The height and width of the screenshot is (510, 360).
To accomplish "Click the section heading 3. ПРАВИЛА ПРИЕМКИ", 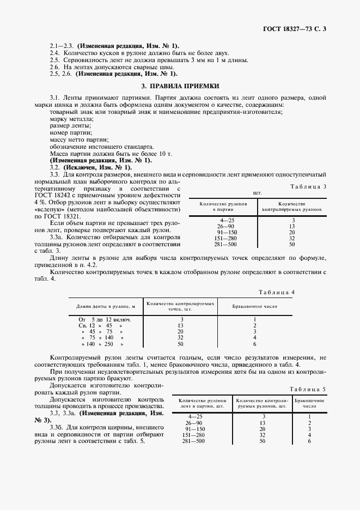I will pos(180,86).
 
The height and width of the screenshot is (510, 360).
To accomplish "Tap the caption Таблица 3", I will pos(310,186).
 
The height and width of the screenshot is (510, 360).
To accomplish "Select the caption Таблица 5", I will pos(308,390).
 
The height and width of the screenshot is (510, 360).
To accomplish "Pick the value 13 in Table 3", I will pos(292,226).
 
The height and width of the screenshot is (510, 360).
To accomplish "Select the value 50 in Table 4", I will pos(180,344).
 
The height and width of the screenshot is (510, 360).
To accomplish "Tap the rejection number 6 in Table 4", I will pos(254,344).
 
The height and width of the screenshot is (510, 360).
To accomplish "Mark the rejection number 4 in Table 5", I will pos(309,435).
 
